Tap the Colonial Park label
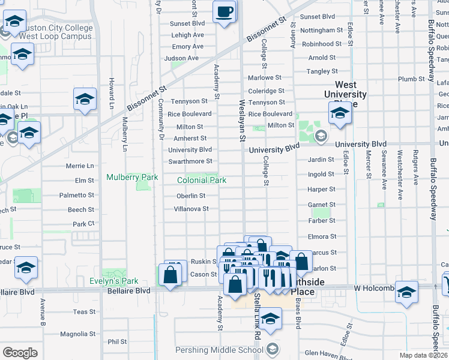202,180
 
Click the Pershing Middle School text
220,350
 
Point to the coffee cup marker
224,11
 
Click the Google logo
20,353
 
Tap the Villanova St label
191,209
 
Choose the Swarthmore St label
190,161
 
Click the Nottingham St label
321,30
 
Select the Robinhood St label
321,44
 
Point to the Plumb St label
411,79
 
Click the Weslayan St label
243,120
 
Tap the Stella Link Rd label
256,315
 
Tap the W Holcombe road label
375,289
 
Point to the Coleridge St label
266,91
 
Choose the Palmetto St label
76,195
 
